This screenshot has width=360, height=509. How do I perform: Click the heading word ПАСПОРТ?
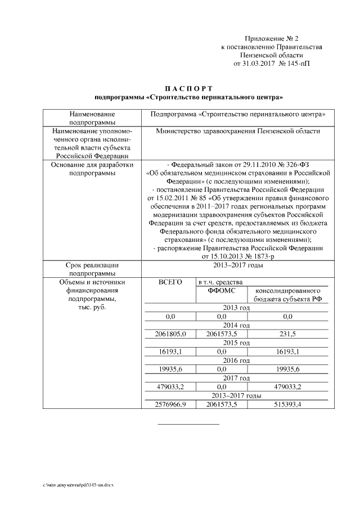188,88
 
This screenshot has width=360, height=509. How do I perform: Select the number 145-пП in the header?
298,64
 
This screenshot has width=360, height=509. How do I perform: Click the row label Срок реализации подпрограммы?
93,269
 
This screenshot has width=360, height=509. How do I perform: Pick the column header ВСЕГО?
170,281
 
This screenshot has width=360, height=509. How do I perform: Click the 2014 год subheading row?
236,325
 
